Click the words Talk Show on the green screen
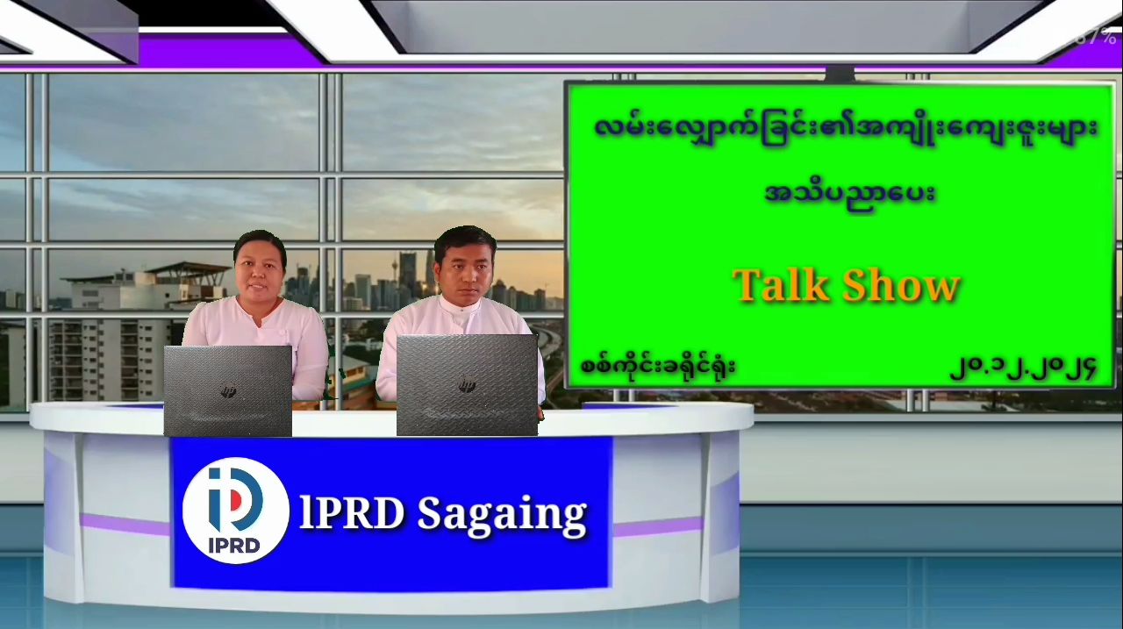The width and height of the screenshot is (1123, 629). (x=847, y=285)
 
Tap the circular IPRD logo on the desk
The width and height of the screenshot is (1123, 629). (x=235, y=511)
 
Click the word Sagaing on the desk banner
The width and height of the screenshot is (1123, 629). (x=502, y=515)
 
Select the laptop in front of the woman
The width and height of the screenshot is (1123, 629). (x=227, y=391)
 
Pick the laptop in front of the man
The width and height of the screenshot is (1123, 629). (x=467, y=385)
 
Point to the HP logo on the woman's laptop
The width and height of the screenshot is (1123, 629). (x=229, y=390)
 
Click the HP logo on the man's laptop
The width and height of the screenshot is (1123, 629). (x=468, y=385)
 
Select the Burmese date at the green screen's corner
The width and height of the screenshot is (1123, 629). (x=1022, y=368)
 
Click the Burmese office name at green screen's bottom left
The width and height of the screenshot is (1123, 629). (x=658, y=366)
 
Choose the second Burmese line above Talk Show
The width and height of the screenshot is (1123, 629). (x=850, y=193)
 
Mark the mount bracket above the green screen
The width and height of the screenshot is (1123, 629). (x=840, y=74)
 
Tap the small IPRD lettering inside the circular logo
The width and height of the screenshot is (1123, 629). (x=234, y=545)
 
